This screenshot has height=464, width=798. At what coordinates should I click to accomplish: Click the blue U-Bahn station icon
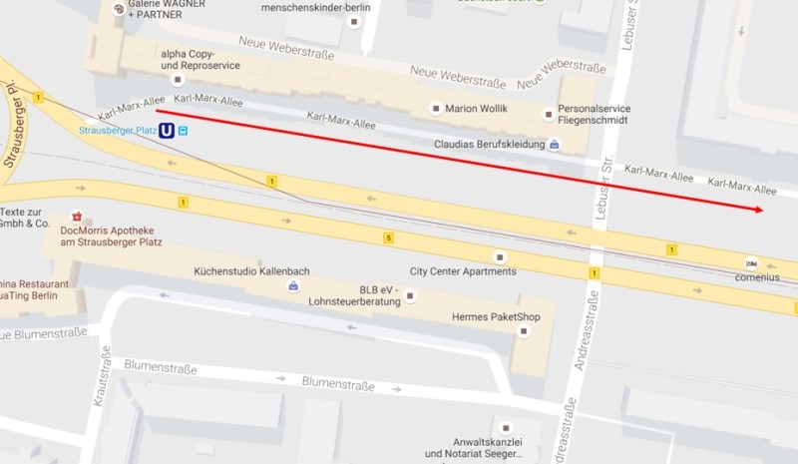(x=168, y=130)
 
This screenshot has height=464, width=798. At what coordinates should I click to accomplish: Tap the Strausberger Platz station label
(x=118, y=130)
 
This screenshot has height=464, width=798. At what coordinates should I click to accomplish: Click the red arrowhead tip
(x=763, y=210)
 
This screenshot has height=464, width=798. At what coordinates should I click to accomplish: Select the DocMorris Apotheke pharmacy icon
(x=77, y=216)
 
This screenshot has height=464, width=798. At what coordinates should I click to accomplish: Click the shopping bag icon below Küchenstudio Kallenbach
(x=293, y=286)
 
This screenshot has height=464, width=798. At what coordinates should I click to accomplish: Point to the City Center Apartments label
(x=463, y=271)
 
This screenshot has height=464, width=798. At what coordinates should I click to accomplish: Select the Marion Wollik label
(x=476, y=108)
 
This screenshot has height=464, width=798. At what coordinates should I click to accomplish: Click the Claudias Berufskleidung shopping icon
(x=555, y=145)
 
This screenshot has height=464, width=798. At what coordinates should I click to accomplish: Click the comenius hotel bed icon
(x=751, y=263)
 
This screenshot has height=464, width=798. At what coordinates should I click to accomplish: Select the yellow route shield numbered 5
(x=388, y=237)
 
